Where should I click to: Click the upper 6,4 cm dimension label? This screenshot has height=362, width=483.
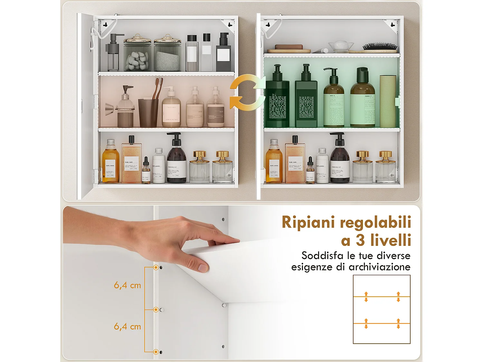pos(128,285)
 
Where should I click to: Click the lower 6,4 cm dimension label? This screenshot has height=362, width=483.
pos(128,327)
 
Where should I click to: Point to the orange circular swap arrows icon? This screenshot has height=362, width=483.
pos(247,91)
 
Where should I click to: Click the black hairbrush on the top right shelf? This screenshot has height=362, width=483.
pos(380,47)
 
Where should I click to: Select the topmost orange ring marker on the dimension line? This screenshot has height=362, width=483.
pos(156,267)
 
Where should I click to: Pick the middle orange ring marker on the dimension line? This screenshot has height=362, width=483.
pos(156,310)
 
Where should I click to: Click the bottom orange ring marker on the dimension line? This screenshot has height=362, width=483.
pos(156,352)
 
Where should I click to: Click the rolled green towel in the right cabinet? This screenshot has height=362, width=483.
pos(387,101)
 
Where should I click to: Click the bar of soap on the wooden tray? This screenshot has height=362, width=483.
pos(289,47)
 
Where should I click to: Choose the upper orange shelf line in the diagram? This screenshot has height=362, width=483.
pos(382,297)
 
